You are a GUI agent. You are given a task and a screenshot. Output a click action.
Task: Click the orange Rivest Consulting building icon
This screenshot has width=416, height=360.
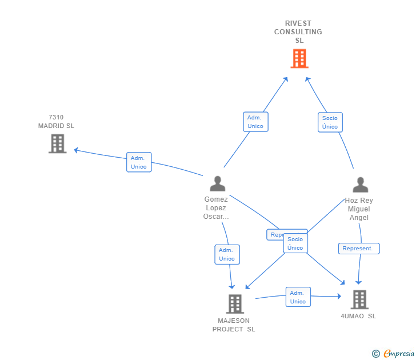click(x=299, y=58)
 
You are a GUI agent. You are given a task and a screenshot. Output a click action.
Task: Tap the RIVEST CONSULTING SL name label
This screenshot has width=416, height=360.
click(x=298, y=32)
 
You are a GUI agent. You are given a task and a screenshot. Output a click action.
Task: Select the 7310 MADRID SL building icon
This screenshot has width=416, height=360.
click(x=57, y=143)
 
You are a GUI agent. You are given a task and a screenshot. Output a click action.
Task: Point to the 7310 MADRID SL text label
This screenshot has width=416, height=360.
click(x=56, y=122)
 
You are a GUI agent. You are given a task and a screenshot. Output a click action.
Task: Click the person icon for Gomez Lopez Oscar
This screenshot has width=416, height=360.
click(x=217, y=183)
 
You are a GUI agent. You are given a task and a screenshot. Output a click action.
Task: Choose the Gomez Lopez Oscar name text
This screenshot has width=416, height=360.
click(x=216, y=208)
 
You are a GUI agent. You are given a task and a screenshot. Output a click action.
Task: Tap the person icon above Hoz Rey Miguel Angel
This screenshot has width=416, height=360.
click(x=360, y=185)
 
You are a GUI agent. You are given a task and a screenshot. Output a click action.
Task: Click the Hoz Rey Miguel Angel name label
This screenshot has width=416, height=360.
click(x=359, y=209)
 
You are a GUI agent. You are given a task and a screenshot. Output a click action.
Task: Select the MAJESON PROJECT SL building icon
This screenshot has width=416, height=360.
click(x=235, y=303)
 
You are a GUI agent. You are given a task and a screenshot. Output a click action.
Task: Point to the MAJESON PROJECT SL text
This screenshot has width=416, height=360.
click(x=234, y=325)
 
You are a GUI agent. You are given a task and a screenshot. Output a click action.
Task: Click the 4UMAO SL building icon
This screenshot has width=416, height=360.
click(x=359, y=299)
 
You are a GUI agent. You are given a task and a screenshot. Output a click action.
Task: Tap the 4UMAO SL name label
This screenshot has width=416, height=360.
click(x=358, y=316)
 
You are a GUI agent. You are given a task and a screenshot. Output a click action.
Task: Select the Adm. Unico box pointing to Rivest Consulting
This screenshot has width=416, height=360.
click(x=255, y=122)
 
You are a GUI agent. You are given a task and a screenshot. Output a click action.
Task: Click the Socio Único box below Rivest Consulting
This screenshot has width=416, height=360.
click(x=330, y=122)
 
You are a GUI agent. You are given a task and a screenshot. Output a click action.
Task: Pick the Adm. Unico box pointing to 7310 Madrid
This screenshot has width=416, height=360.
click(x=139, y=162)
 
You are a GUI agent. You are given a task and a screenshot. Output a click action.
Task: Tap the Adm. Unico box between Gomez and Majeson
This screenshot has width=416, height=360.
click(x=227, y=254)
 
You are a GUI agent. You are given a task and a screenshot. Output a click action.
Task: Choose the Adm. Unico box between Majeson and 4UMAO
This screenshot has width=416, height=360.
click(x=298, y=297)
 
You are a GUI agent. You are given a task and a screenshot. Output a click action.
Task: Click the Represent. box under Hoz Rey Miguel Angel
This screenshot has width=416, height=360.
click(x=359, y=249)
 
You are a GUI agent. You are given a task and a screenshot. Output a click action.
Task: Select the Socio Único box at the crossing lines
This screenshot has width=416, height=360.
click(x=295, y=243)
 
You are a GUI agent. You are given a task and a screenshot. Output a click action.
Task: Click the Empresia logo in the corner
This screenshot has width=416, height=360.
click(x=394, y=353)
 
